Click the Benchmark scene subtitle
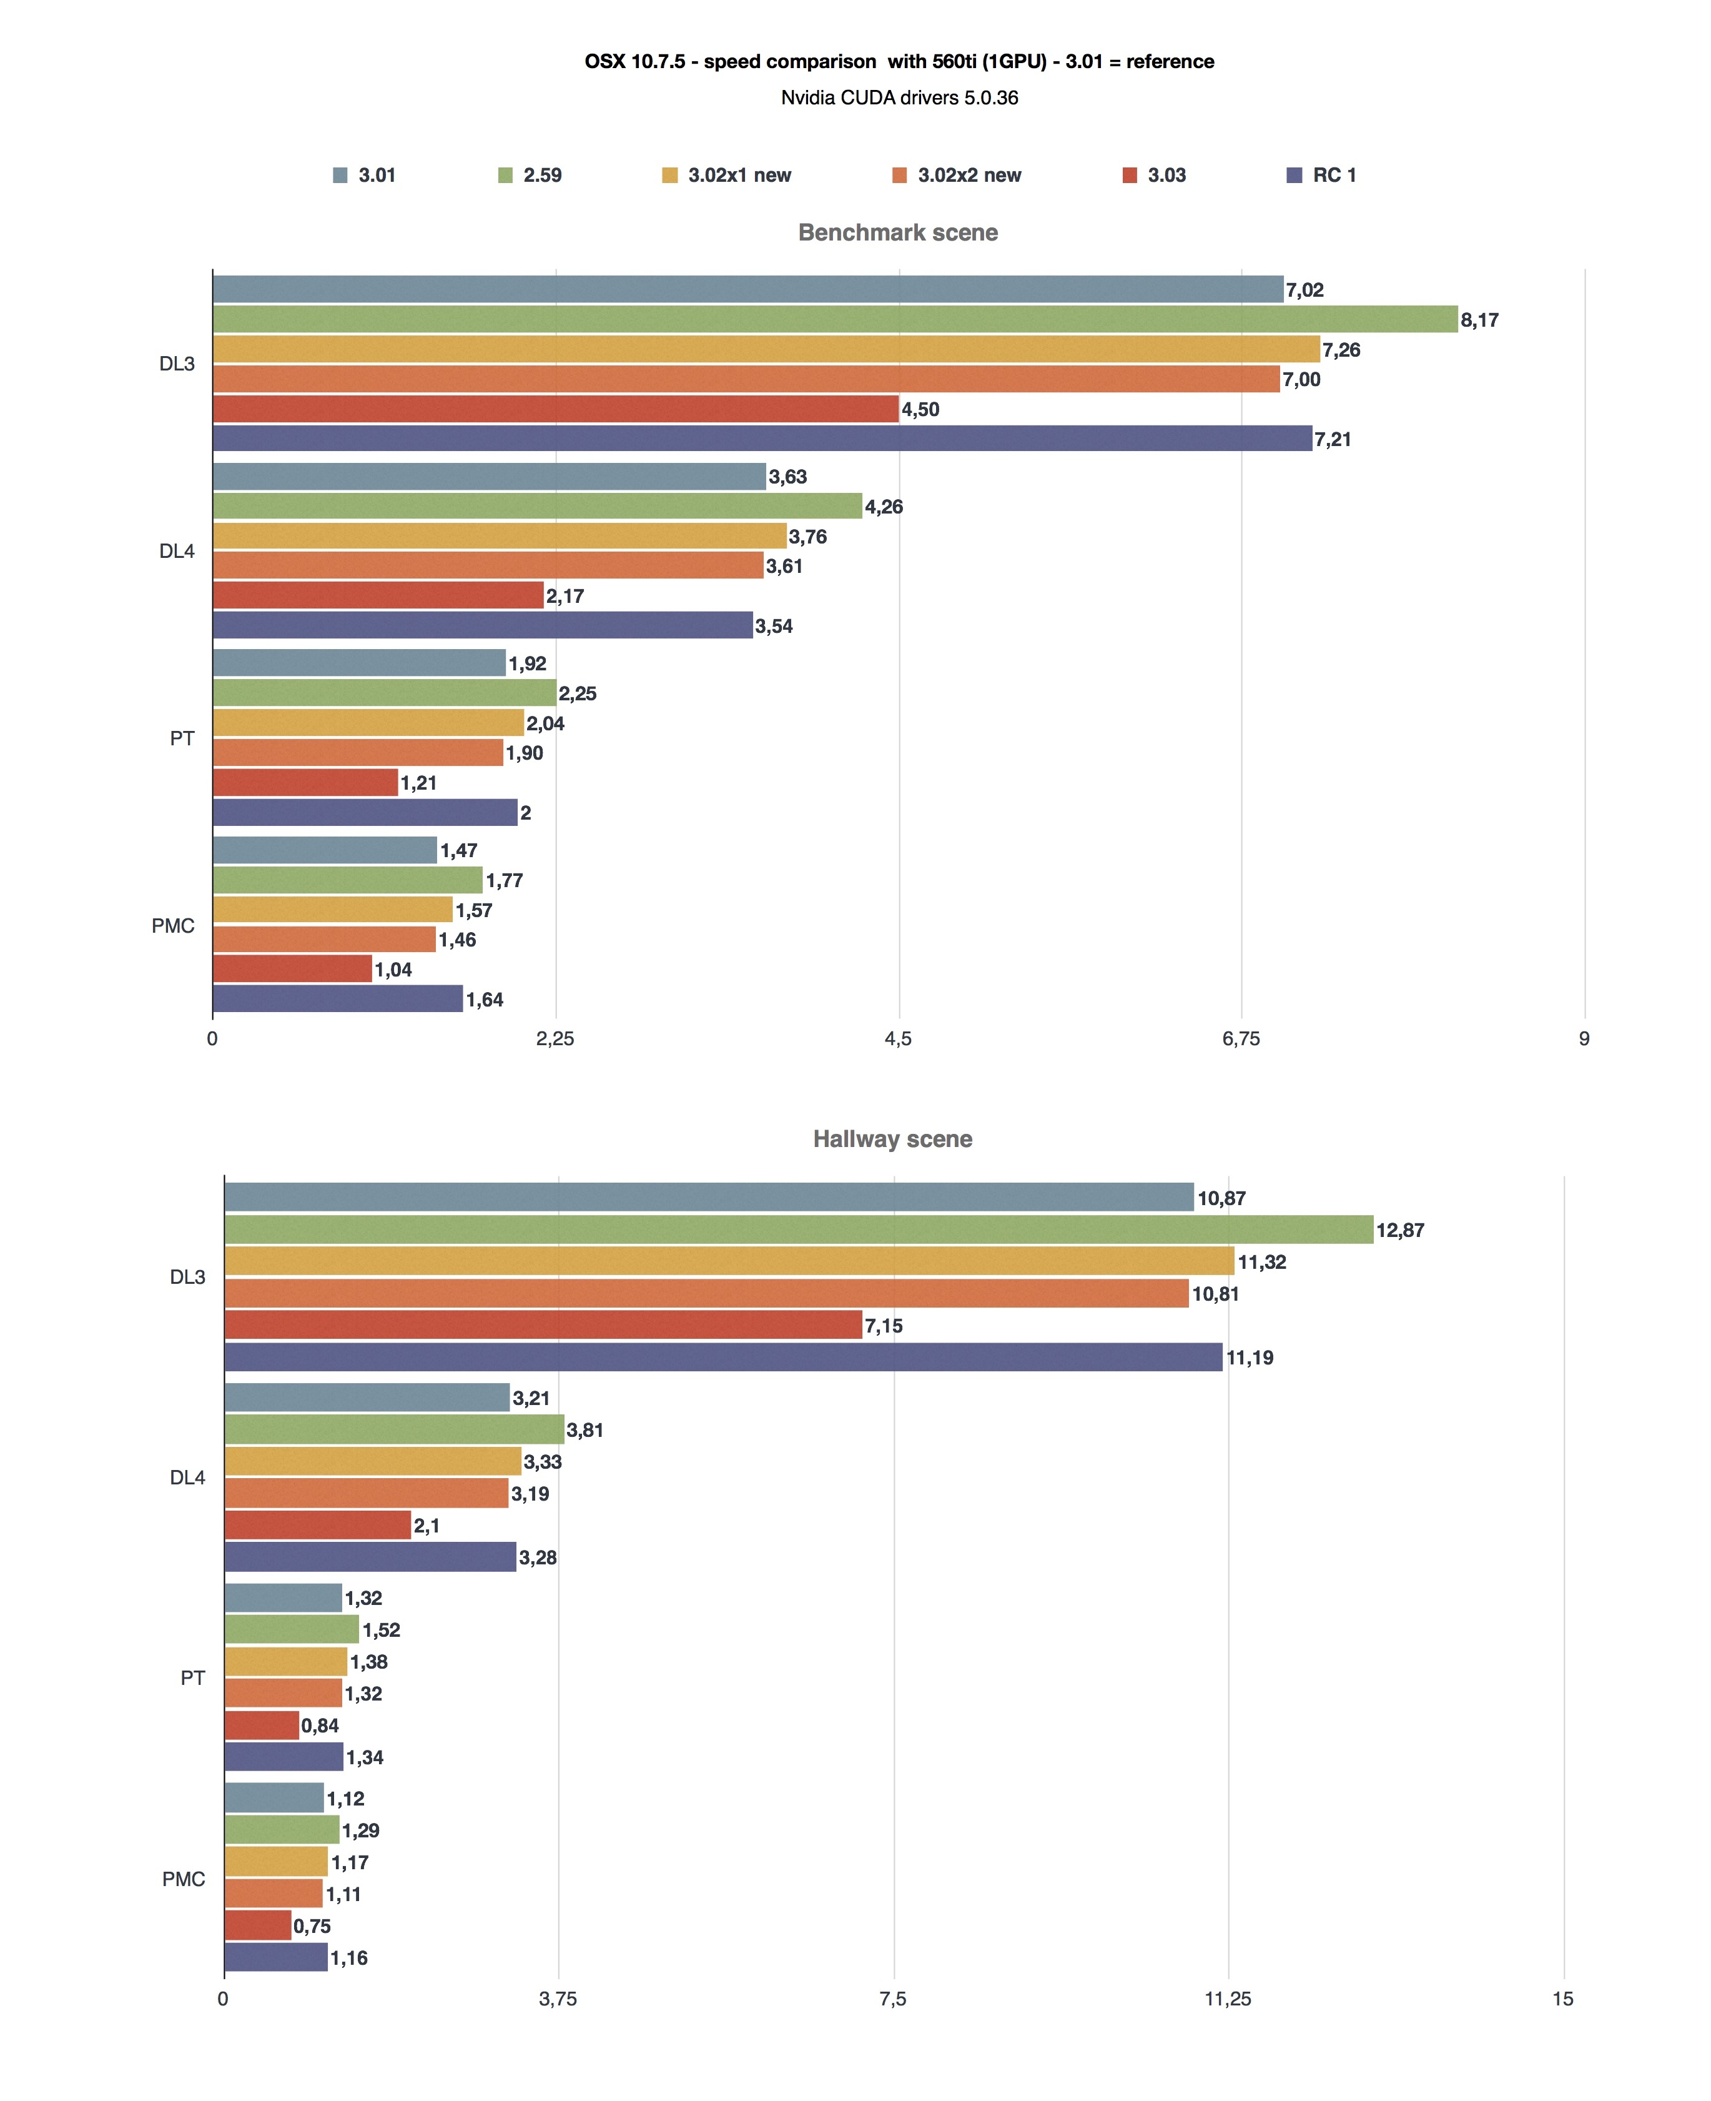[x=898, y=232]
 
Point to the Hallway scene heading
[x=892, y=1140]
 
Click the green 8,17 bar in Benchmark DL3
[x=835, y=319]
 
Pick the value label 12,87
[x=1399, y=1231]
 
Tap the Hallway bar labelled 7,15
[x=543, y=1325]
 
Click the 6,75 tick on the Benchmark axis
[x=1241, y=1038]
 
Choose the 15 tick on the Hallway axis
[x=1563, y=1999]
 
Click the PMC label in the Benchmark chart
[x=174, y=926]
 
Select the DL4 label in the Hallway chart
[x=187, y=1477]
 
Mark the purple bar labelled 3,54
[x=483, y=625]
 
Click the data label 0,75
[x=312, y=1925]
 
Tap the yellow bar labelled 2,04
[x=368, y=723]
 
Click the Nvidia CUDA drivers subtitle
[x=899, y=97]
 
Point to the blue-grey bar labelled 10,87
[x=709, y=1198]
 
